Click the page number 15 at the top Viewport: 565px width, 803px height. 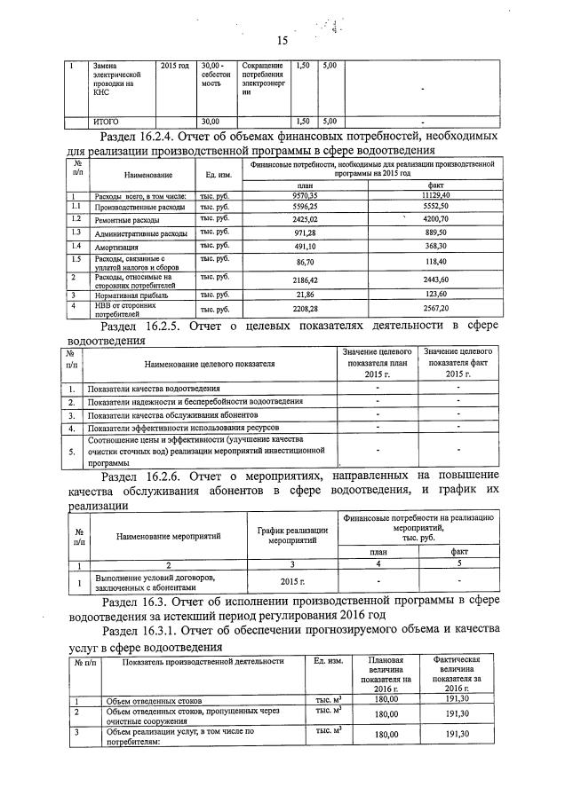tap(282, 41)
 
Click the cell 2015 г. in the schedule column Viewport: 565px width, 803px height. tap(291, 582)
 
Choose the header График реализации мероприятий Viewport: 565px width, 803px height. tap(291, 534)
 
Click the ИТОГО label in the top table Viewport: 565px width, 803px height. tap(107, 121)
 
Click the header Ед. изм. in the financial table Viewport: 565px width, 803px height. tap(218, 175)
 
